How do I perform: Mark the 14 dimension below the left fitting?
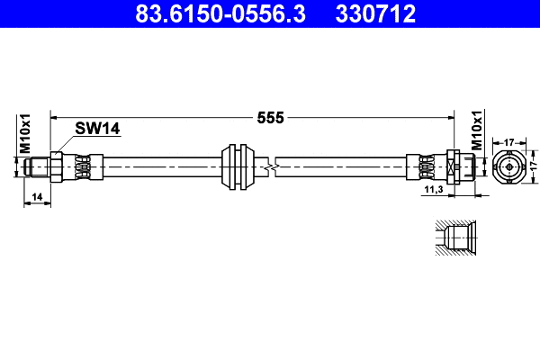(37, 195)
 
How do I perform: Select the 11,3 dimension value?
(432, 191)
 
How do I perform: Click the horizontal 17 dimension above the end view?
(508, 141)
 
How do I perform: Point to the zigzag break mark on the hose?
(270, 166)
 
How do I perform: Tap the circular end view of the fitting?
(508, 167)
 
